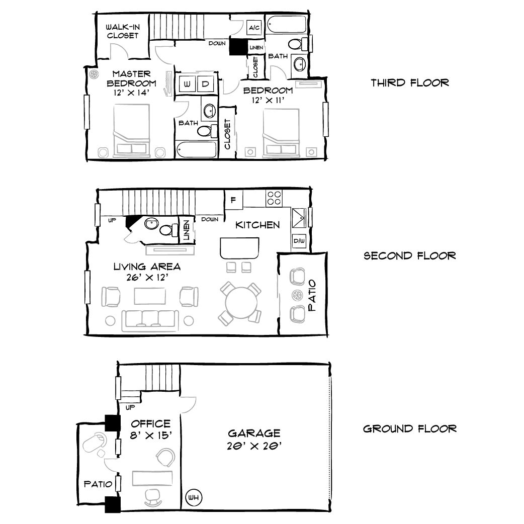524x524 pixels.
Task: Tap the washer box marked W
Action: [x=187, y=84]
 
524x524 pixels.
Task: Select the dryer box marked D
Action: [x=205, y=84]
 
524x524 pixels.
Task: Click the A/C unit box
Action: [x=254, y=28]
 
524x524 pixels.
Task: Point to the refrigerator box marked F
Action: [x=233, y=199]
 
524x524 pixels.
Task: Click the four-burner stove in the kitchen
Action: [x=274, y=198]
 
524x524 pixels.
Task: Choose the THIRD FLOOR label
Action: [x=410, y=82]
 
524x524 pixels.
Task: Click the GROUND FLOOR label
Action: [x=410, y=428]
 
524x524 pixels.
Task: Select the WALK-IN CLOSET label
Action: [x=122, y=31]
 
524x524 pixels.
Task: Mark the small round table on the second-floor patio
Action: [x=296, y=295]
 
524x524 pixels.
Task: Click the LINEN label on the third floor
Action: [x=256, y=47]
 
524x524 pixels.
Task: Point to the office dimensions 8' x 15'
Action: [x=151, y=436]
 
